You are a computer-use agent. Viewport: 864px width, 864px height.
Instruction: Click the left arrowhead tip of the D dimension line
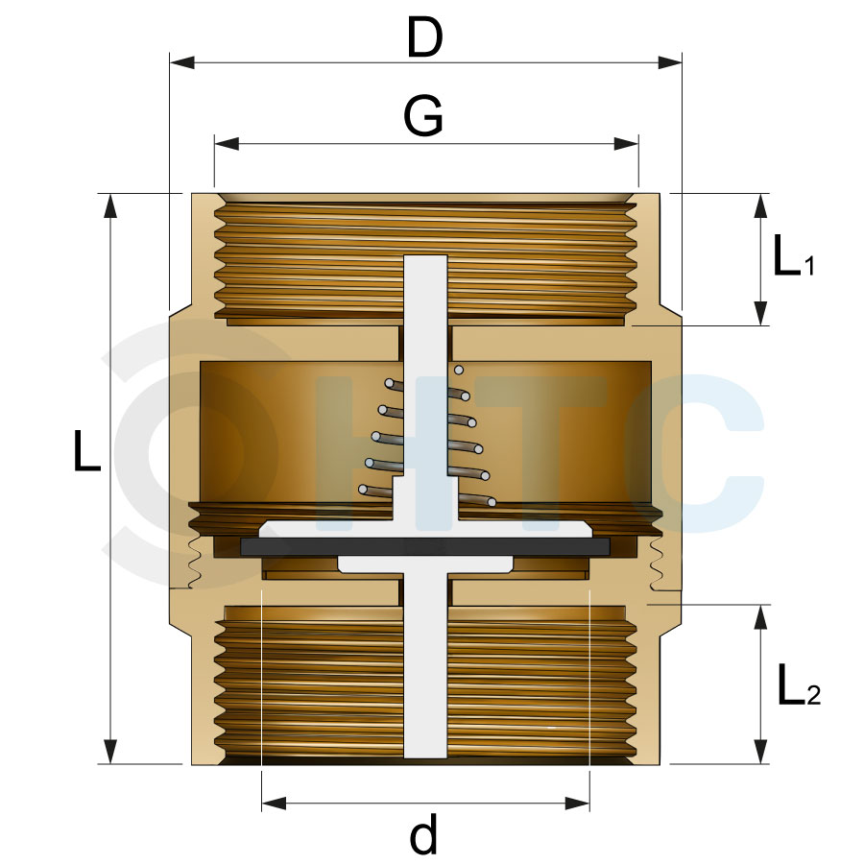pyautogui.click(x=170, y=62)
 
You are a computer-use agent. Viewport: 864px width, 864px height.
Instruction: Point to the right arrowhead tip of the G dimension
pyautogui.click(x=638, y=144)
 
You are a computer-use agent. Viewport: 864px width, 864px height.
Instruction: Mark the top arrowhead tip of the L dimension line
pyautogui.click(x=110, y=194)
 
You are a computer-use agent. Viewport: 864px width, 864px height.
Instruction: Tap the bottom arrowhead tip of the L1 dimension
pyautogui.click(x=761, y=325)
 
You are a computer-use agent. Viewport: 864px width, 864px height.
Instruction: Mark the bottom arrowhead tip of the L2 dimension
pyautogui.click(x=761, y=764)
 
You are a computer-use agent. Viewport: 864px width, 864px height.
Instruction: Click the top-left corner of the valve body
pyautogui.click(x=192, y=193)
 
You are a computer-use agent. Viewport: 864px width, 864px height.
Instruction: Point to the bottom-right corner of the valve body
pyautogui.click(x=660, y=765)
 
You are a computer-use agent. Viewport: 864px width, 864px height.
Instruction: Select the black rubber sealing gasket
pyautogui.click(x=425, y=546)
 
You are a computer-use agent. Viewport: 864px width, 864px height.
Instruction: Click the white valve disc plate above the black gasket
pyautogui.click(x=425, y=529)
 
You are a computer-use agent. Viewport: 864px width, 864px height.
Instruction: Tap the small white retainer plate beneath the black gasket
pyautogui.click(x=425, y=564)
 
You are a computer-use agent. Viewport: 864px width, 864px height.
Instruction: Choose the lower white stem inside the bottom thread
pyautogui.click(x=425, y=665)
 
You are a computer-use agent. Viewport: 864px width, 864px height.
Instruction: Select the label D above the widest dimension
pyautogui.click(x=425, y=36)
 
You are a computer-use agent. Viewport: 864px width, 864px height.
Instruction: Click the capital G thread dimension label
pyautogui.click(x=423, y=116)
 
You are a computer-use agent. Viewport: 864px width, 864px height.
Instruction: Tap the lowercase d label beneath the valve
pyautogui.click(x=423, y=832)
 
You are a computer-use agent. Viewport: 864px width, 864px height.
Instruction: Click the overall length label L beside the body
pyautogui.click(x=87, y=451)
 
